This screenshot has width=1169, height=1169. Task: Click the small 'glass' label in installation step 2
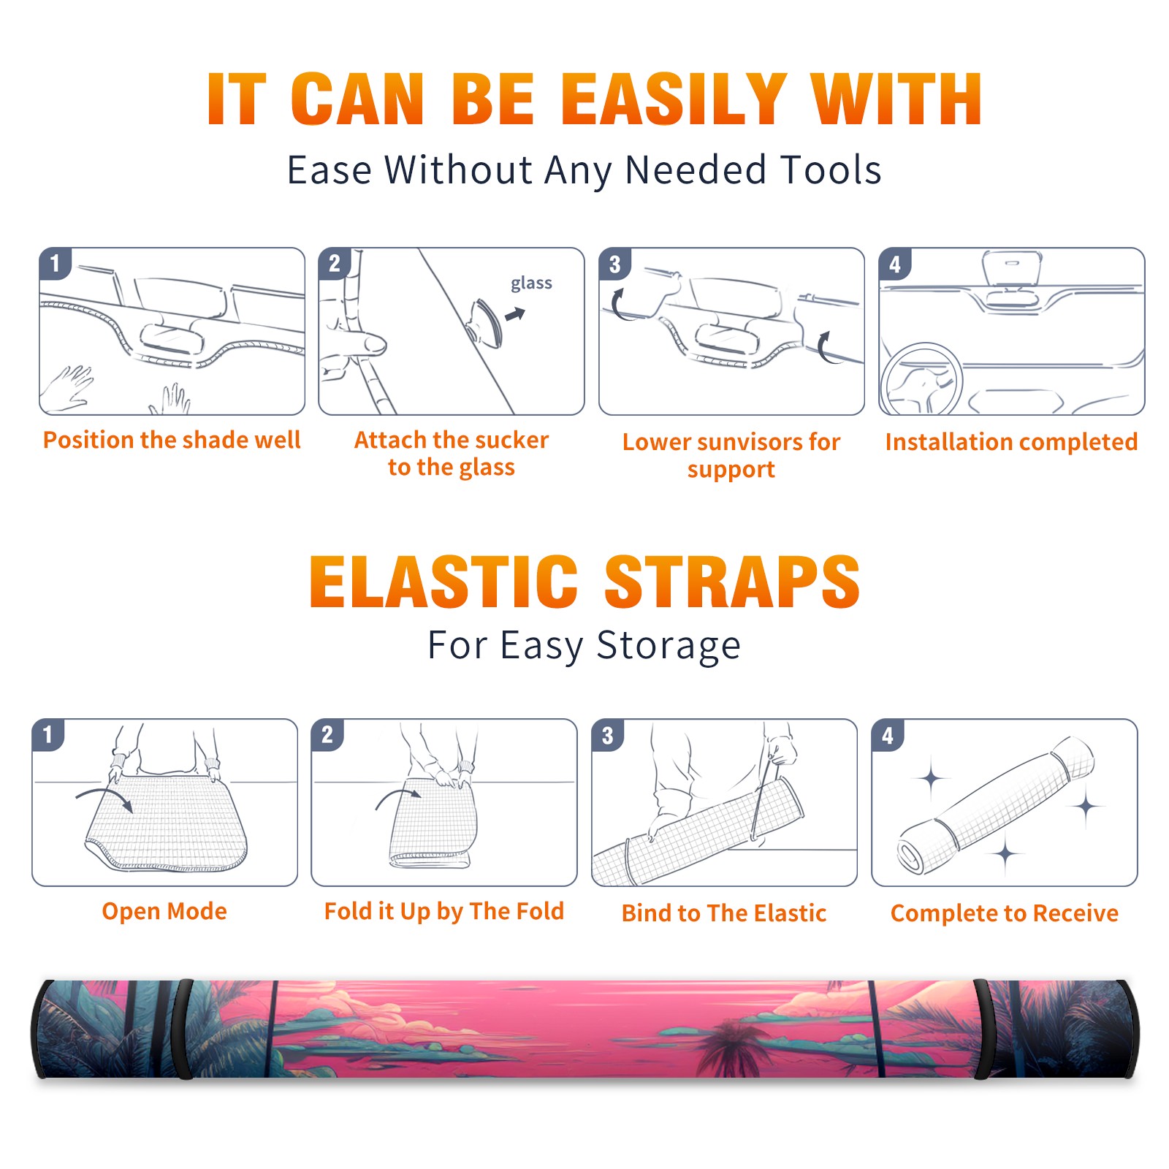coord(531,283)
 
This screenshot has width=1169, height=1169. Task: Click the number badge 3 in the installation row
coord(614,264)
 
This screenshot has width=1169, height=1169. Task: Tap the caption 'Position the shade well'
coord(172,440)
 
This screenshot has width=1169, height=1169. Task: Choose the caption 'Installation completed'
coord(1011,441)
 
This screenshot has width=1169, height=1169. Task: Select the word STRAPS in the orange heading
coord(732,582)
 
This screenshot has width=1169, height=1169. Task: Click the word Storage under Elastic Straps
coord(669,647)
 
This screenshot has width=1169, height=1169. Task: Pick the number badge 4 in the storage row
coord(888,735)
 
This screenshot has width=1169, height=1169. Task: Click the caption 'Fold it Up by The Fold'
coord(444,911)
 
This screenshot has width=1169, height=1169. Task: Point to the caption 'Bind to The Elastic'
coord(724,913)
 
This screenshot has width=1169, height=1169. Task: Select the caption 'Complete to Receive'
coord(1005,913)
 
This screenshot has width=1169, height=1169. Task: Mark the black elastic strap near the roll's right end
coord(983,1029)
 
